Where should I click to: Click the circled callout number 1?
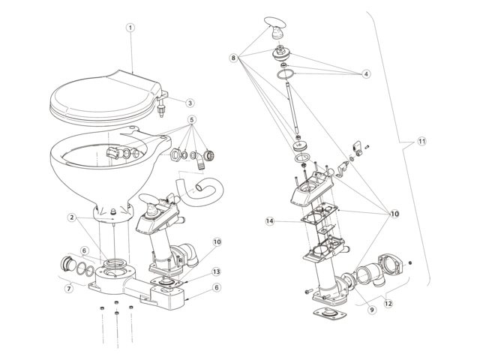pos(130,27)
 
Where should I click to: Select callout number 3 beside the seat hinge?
pos(190,102)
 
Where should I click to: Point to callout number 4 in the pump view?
pos(366,74)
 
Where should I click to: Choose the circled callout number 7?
pos(70,288)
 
